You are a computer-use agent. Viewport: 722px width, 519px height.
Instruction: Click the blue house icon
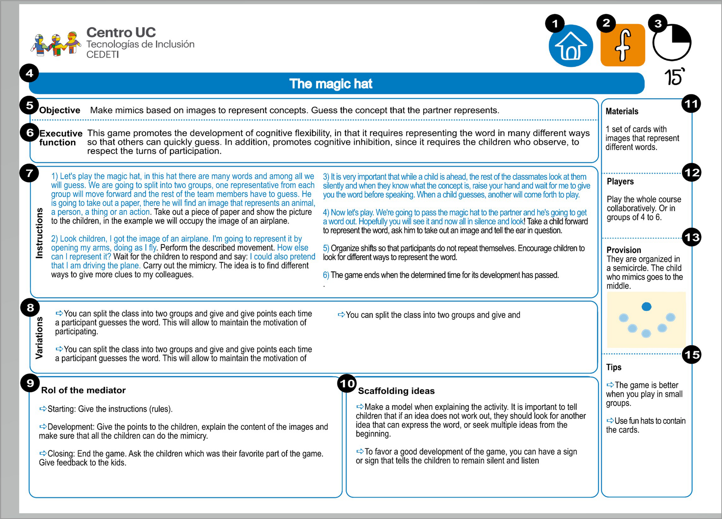click(x=570, y=46)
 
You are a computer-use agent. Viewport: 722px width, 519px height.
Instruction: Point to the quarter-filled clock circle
click(x=672, y=42)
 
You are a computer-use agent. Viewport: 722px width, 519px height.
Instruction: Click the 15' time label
click(x=674, y=77)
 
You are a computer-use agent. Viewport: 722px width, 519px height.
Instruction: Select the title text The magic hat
click(x=330, y=84)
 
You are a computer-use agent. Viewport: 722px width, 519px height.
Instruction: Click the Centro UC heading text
click(x=121, y=32)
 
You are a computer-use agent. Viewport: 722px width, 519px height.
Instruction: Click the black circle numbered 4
click(x=29, y=73)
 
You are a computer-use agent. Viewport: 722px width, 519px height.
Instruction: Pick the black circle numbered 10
click(x=347, y=383)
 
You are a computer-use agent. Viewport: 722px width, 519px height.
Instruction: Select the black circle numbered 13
click(x=692, y=237)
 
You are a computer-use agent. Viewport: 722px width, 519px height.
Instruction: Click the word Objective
click(x=59, y=110)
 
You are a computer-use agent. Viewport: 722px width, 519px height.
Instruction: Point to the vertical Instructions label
click(x=40, y=233)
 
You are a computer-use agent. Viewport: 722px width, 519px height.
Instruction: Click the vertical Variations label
click(x=39, y=338)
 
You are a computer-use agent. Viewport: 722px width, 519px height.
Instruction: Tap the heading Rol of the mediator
click(x=83, y=390)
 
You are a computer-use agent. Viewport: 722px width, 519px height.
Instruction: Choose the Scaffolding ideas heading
click(x=396, y=391)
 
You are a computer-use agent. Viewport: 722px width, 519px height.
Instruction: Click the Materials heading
click(x=622, y=111)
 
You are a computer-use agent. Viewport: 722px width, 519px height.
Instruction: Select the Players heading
click(x=620, y=181)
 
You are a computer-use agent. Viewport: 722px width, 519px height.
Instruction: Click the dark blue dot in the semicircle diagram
click(x=646, y=307)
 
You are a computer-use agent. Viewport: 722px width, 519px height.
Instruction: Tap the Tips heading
click(x=613, y=367)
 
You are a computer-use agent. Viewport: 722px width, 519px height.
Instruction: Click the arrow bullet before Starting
click(x=43, y=408)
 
